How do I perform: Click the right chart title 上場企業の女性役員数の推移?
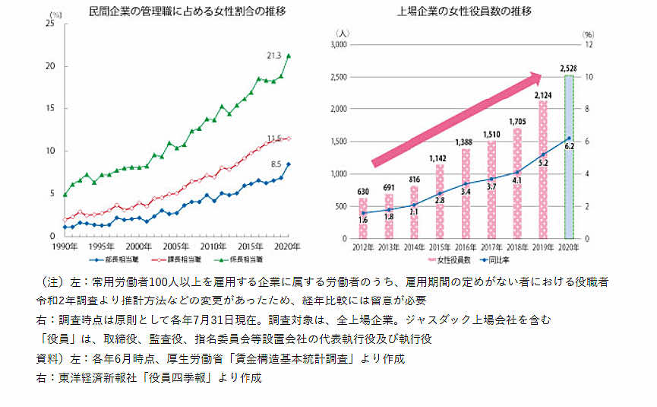tap(464, 11)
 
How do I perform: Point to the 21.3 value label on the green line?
tap(274, 56)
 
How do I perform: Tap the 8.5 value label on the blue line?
tap(276, 164)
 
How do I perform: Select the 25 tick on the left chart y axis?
tap(50, 24)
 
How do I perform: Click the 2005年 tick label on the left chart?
tap(176, 247)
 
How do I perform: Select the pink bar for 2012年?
tap(363, 218)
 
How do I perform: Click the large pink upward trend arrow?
tap(456, 118)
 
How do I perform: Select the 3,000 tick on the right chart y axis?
tap(337, 45)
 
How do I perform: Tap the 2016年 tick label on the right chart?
tap(466, 247)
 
